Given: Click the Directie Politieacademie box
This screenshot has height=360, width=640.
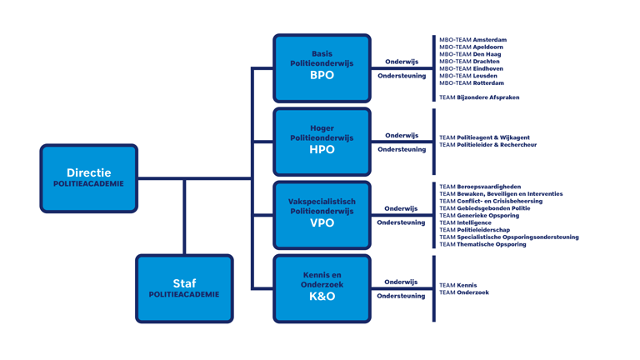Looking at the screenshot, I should [88, 178].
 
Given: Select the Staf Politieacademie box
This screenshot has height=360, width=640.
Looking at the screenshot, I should [184, 288].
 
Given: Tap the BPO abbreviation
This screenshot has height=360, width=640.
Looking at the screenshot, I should [322, 75].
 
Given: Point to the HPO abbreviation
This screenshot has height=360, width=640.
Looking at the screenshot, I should [322, 149].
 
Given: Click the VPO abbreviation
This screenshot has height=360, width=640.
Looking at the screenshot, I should [322, 222].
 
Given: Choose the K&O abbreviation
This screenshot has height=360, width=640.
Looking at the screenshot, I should [322, 296].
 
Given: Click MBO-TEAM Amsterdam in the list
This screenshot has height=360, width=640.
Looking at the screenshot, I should [472, 40].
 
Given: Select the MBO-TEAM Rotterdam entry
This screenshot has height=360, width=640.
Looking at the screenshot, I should [472, 83].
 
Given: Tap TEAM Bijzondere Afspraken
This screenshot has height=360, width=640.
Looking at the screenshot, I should [479, 97].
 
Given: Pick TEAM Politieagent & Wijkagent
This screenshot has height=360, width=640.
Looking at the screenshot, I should [484, 137].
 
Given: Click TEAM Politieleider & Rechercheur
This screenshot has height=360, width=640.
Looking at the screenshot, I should [487, 145].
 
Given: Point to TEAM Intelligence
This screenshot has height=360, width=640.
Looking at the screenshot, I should [465, 223].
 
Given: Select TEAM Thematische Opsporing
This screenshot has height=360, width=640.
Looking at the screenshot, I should [482, 245].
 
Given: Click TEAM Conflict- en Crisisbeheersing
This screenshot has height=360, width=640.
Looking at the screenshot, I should [491, 201].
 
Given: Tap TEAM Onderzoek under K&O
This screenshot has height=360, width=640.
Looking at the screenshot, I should [464, 292].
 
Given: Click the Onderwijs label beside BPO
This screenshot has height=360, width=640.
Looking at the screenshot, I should [402, 62].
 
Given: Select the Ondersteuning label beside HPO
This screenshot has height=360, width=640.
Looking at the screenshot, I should [402, 150].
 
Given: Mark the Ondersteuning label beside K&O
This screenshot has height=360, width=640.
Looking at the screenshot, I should [402, 297].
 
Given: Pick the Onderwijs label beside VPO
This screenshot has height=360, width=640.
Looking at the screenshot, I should [402, 208].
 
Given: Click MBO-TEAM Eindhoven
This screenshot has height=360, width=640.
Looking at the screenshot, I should [471, 68].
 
